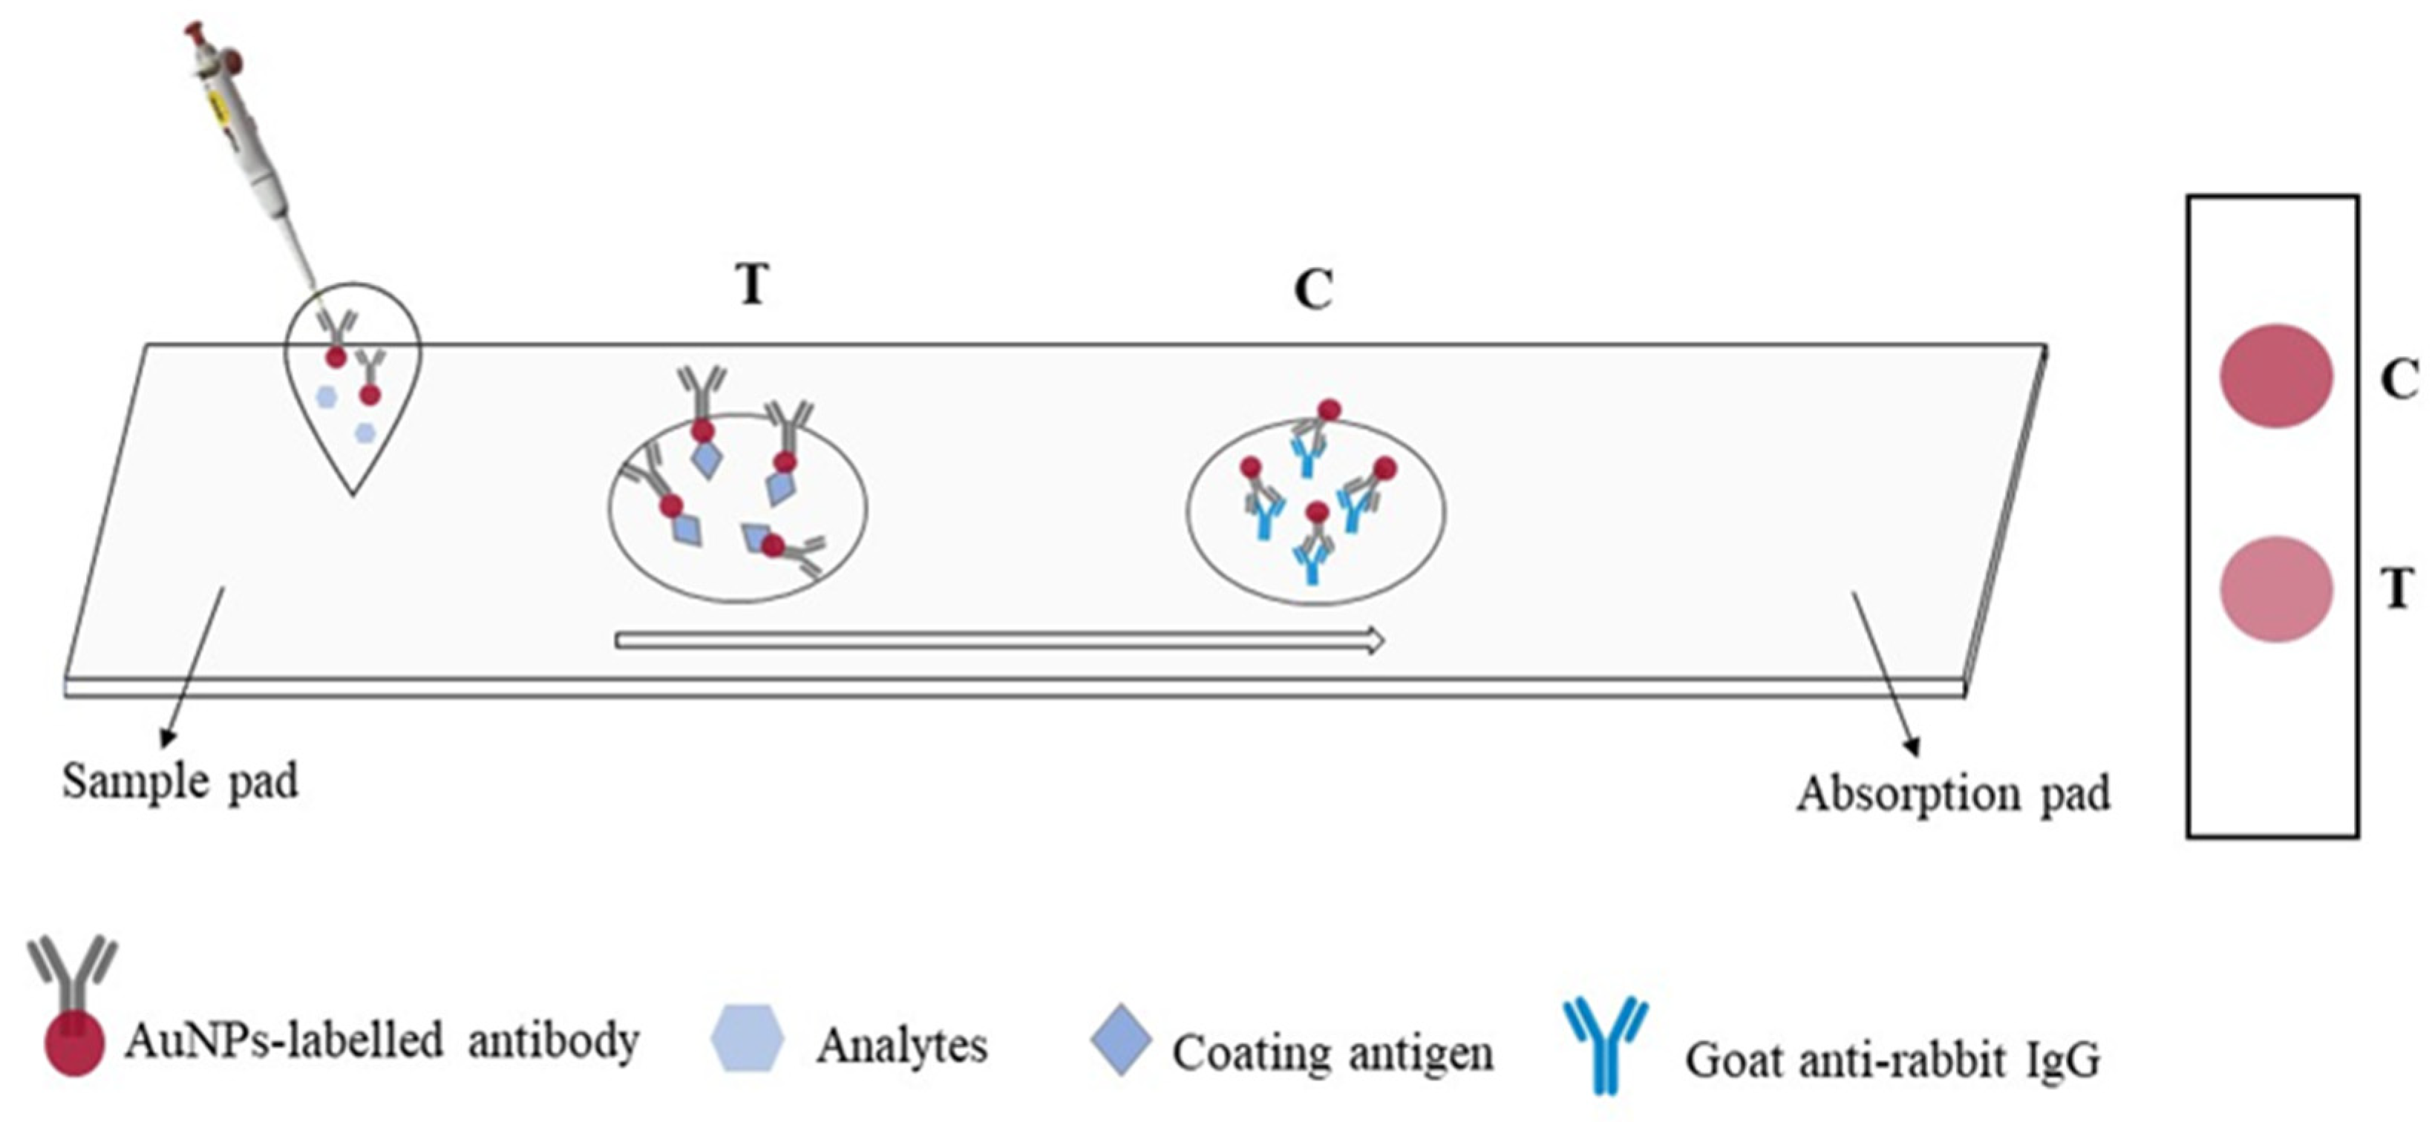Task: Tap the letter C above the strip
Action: tap(1313, 289)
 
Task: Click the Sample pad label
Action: tap(180, 782)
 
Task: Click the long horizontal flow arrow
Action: tap(999, 642)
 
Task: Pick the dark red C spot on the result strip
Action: tap(2275, 375)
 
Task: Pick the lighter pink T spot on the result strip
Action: tap(2275, 590)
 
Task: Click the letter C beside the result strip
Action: tap(2399, 380)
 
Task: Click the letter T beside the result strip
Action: tap(2397, 590)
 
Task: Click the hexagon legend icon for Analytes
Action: tap(747, 1038)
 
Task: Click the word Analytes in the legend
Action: tap(902, 1046)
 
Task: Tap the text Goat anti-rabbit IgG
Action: tap(1892, 1060)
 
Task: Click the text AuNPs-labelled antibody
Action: tap(382, 1042)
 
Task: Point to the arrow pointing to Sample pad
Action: tap(195, 666)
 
